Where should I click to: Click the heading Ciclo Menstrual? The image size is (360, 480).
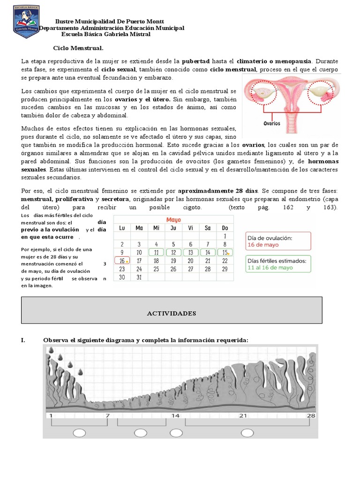(78, 48)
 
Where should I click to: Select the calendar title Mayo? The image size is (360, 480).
(173, 219)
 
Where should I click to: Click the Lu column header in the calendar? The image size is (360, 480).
(122, 228)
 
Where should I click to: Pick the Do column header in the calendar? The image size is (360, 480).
(225, 228)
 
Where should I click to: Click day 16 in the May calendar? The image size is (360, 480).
(122, 261)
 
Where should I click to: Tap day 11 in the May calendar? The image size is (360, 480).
(156, 252)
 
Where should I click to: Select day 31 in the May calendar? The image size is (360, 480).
(139, 277)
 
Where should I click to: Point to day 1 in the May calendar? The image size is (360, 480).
(225, 236)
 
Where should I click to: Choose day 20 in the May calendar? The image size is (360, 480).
(190, 261)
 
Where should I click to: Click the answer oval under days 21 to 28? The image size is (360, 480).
(247, 432)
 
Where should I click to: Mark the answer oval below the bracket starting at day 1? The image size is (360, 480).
(79, 432)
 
